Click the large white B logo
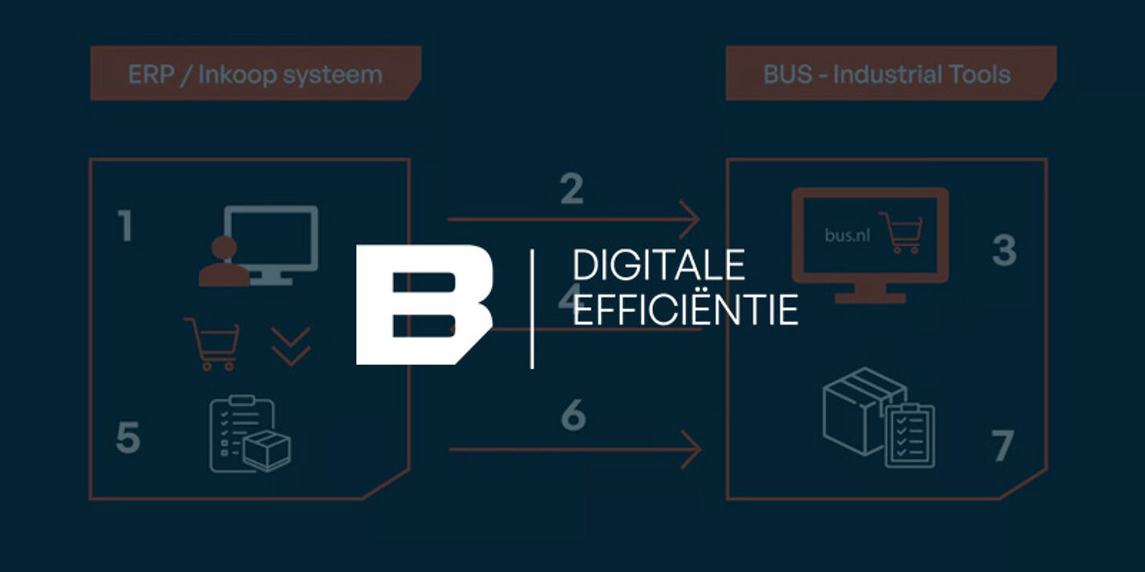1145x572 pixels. click(425, 305)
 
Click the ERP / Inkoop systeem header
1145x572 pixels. click(256, 74)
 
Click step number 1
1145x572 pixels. click(125, 226)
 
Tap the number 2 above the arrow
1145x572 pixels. click(572, 190)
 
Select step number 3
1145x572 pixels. click(1004, 251)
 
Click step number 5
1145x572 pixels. click(128, 438)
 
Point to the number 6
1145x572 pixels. click(573, 415)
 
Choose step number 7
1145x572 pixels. click(1003, 446)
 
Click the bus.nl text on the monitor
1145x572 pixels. click(847, 235)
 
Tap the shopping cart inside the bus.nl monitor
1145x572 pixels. click(901, 233)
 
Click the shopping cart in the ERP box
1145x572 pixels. click(212, 344)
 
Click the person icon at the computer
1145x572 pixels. click(224, 261)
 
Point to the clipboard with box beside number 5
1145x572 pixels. click(250, 435)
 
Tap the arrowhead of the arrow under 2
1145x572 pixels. click(691, 219)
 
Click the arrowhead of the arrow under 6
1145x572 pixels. click(692, 449)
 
